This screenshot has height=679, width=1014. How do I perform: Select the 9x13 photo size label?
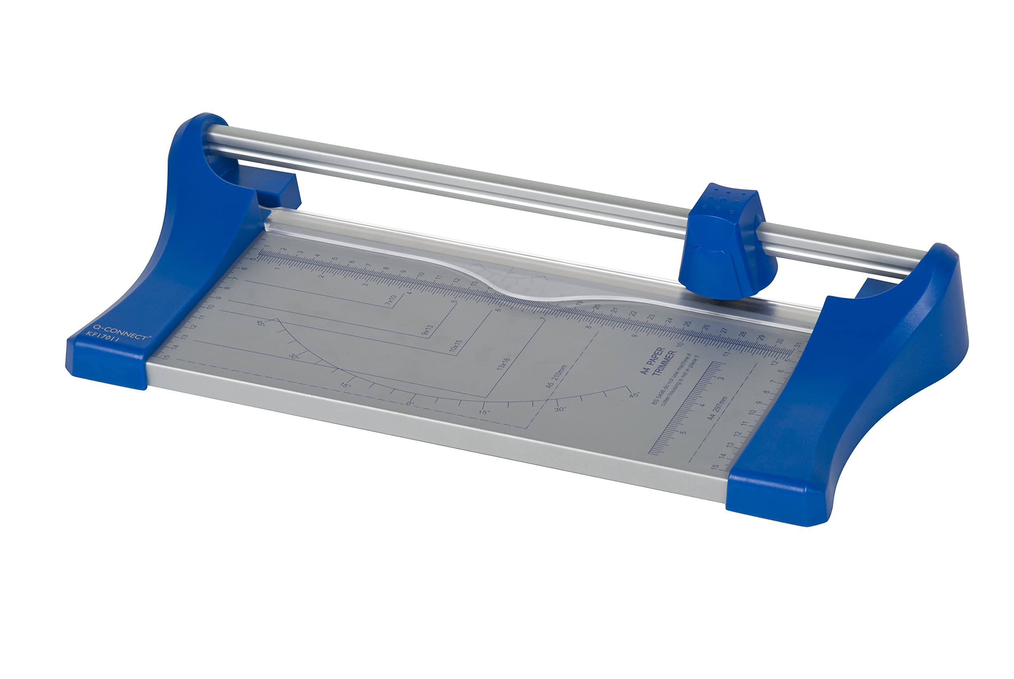tap(427, 330)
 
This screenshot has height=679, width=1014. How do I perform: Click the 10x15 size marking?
tap(455, 346)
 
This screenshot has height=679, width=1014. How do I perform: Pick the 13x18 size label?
tap(503, 363)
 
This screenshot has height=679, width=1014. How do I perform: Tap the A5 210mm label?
tap(556, 377)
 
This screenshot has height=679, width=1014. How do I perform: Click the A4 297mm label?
tap(717, 408)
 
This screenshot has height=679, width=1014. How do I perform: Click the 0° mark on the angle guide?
tap(410, 404)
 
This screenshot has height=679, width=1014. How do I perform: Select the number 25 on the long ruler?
tap(688, 324)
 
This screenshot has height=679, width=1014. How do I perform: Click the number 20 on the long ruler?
tap(597, 307)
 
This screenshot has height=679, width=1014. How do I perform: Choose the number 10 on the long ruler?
tap(421, 275)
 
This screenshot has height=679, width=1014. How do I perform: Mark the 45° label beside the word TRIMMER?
tap(634, 395)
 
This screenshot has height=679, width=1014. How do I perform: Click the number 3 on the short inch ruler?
tap(721, 378)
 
